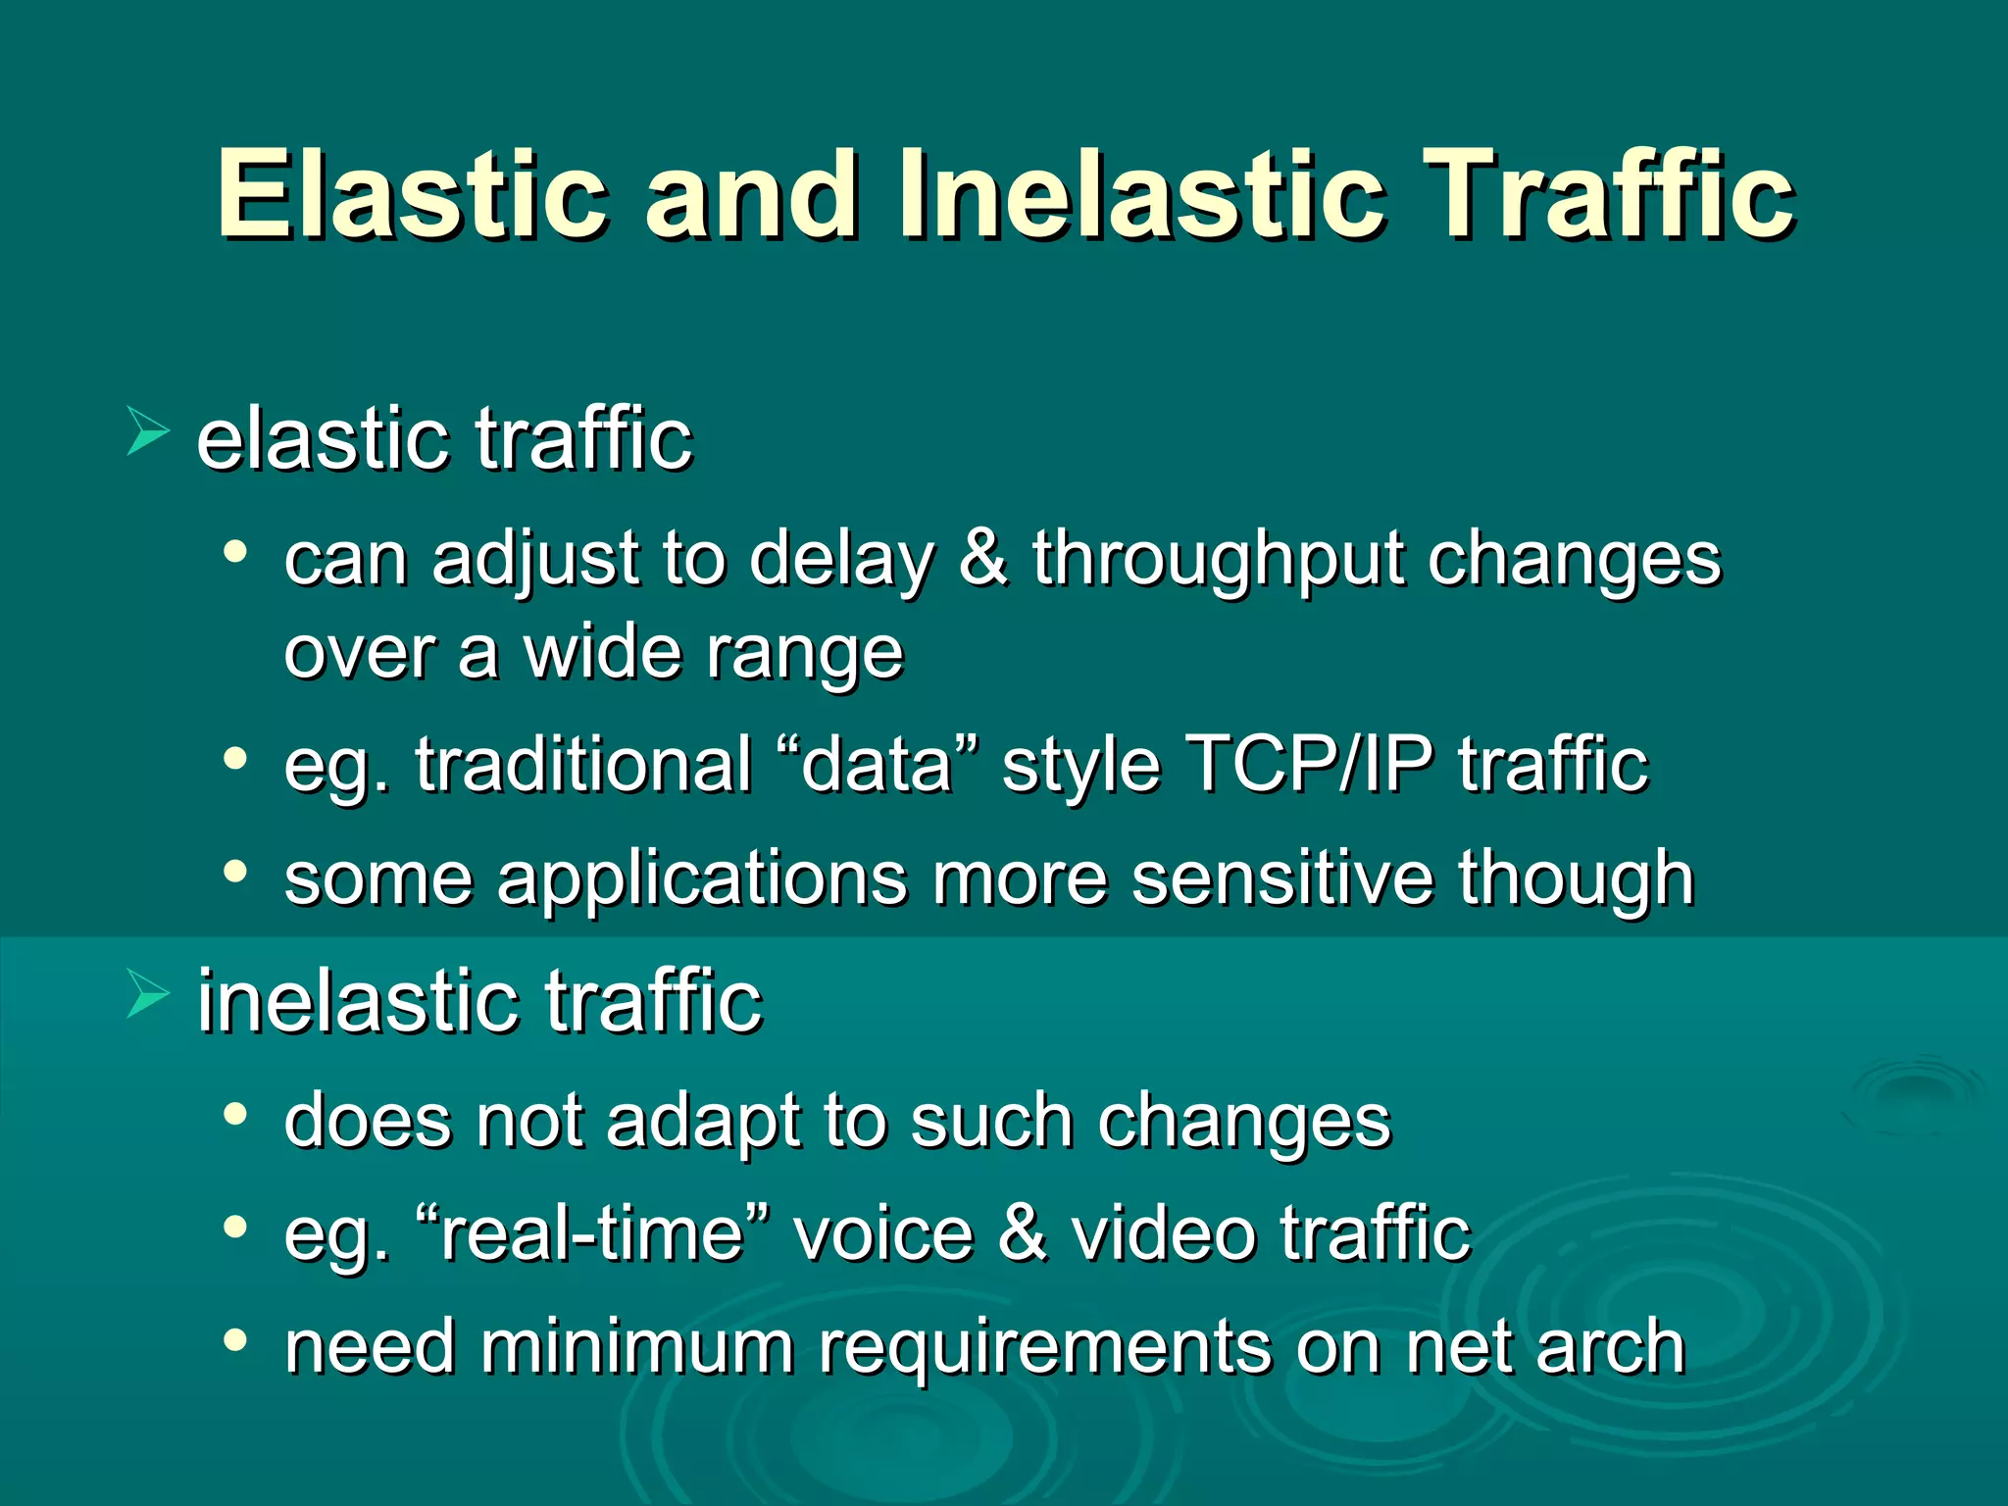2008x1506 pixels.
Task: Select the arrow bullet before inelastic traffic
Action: pos(147,995)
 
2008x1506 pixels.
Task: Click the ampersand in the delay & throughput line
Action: pos(982,559)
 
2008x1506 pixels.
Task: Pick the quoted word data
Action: pos(877,764)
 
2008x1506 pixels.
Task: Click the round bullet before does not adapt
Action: pos(234,1114)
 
